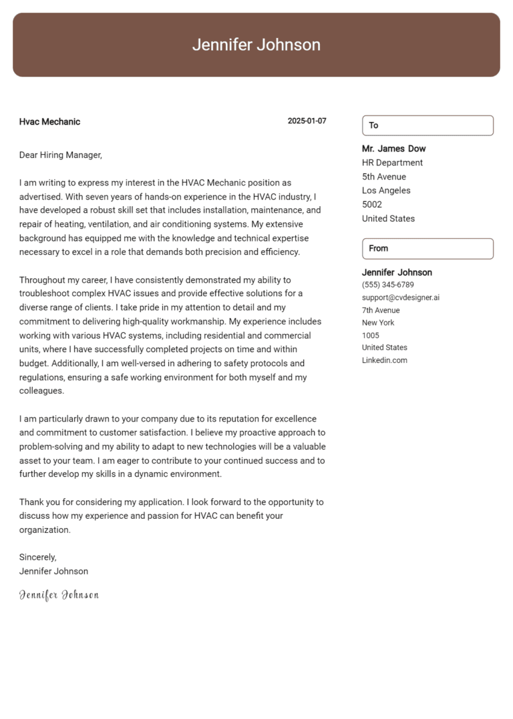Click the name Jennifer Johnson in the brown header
pos(256,45)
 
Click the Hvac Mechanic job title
pos(49,121)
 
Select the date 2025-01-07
pos(307,121)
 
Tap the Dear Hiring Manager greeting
pos(61,155)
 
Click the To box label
pos(373,125)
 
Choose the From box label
pos(378,248)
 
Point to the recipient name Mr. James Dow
pos(393,149)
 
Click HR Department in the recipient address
pos(392,163)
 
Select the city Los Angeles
pos(386,191)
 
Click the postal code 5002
pos(372,205)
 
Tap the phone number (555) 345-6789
pos(387,285)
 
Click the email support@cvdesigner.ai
pos(400,297)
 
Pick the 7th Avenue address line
pos(381,310)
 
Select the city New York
pos(378,323)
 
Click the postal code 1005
pos(370,335)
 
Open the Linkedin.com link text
pos(384,360)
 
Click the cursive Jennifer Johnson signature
pos(59,595)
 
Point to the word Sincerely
pos(38,557)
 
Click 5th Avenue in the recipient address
pos(383,177)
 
